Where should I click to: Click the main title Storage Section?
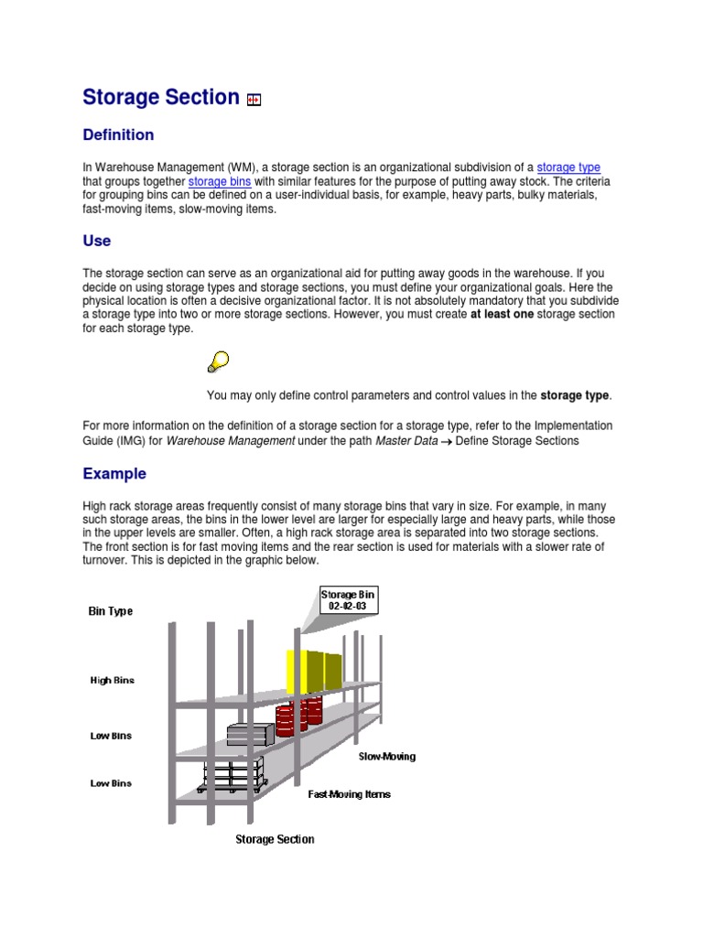tap(161, 97)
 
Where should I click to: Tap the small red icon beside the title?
tap(254, 101)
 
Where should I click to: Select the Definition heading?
tap(118, 135)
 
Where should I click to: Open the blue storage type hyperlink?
tap(568, 167)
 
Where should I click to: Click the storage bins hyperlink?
tap(220, 181)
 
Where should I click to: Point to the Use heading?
tap(97, 242)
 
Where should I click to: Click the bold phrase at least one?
tap(502, 315)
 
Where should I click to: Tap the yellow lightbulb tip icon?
tap(218, 362)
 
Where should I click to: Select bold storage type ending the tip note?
tap(574, 395)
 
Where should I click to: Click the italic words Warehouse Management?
tap(230, 441)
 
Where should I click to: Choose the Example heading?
tap(114, 474)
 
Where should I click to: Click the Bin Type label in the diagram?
tap(111, 611)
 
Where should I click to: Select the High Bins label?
tap(112, 681)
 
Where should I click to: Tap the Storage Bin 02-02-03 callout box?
tap(348, 600)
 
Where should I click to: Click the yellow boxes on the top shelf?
tap(314, 671)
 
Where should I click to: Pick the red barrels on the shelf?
tap(298, 716)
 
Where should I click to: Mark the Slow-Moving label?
tap(386, 757)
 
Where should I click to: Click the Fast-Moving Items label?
tap(349, 794)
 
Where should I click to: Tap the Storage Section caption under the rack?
tap(275, 839)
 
